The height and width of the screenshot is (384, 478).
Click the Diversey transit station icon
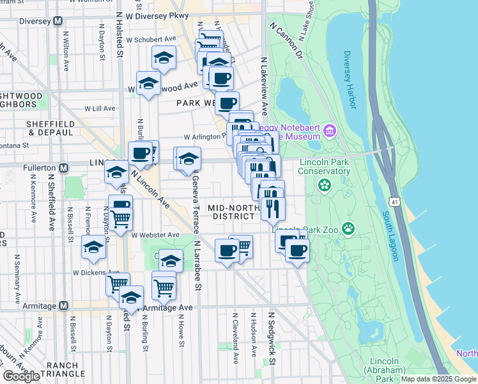coord(58,20)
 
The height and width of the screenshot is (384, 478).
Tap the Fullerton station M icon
coord(63,168)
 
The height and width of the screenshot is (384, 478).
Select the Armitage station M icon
coord(63,306)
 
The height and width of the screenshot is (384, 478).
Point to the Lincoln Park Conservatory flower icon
coord(325,185)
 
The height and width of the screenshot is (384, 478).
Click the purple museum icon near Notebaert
coord(330,132)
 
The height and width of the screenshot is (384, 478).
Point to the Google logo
coord(21,376)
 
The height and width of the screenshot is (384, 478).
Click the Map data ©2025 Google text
coord(438,379)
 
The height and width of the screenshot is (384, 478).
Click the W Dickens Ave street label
coord(96,272)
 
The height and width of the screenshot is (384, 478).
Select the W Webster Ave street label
coord(155,235)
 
